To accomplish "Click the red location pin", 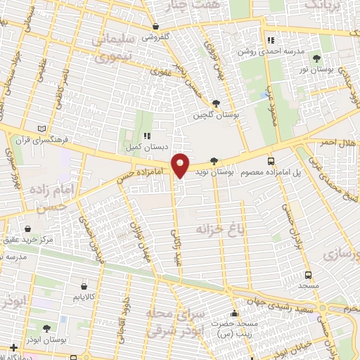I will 181,165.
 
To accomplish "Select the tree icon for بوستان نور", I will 318,59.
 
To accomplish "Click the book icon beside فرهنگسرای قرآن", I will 44,129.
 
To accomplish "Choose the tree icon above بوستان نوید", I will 224,161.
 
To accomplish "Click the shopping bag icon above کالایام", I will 84,287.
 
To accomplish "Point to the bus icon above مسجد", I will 308,275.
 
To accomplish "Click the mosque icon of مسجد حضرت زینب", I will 234,314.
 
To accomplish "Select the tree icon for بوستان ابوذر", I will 46,328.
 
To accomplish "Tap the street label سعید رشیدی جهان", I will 284,300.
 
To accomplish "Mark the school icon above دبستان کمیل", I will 146,136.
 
